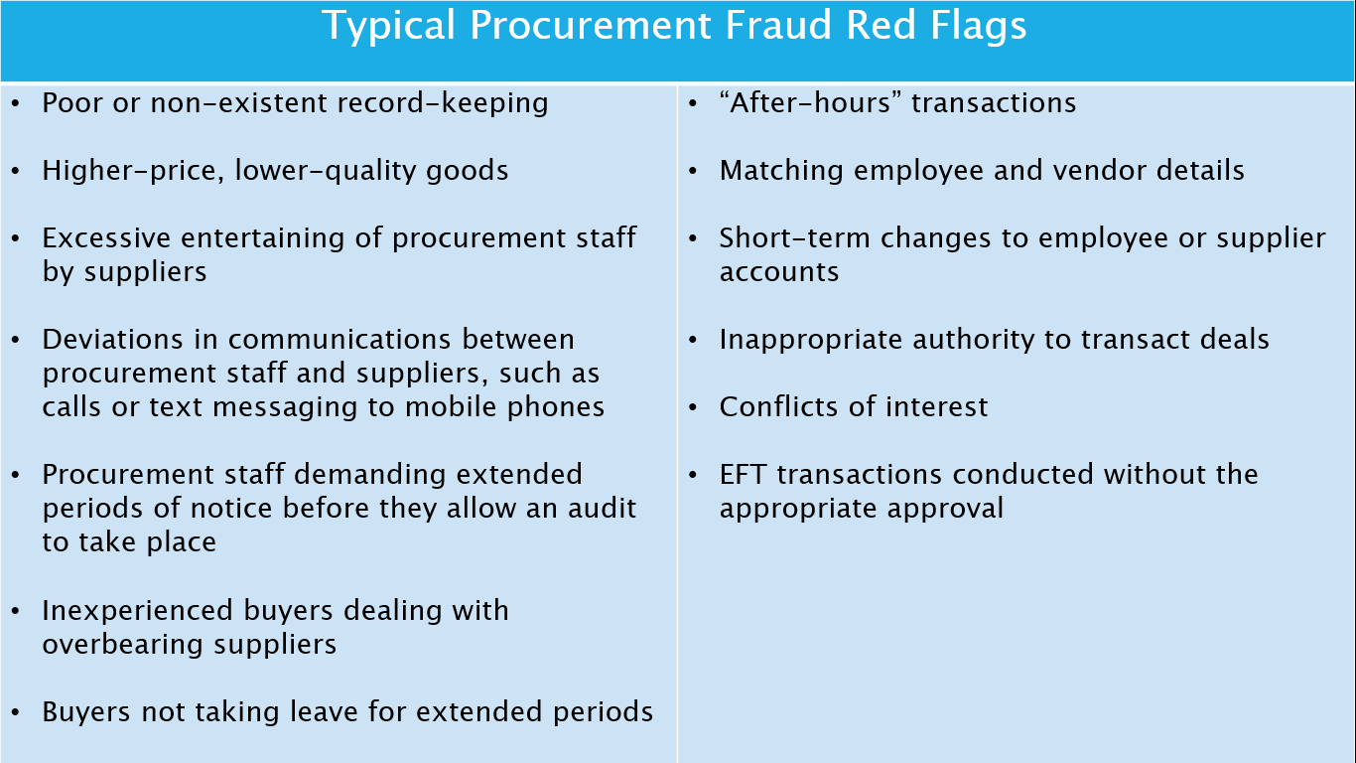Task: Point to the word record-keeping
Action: click(443, 103)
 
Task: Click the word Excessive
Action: click(106, 238)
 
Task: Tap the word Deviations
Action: click(112, 340)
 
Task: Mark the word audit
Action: click(603, 509)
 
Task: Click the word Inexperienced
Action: click(137, 610)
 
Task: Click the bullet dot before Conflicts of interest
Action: click(694, 407)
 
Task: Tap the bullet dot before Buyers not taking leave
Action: click(16, 712)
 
